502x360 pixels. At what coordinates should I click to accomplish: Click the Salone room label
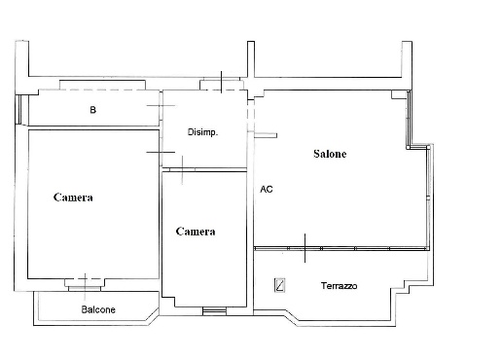[330, 154]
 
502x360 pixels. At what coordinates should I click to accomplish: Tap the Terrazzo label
[339, 286]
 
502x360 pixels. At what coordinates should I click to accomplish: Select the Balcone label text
[98, 309]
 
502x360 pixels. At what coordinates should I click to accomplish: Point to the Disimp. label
[202, 132]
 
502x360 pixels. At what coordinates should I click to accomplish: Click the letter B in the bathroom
[92, 110]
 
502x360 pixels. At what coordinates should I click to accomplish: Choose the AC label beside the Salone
[267, 189]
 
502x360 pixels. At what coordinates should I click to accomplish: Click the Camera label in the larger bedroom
[73, 198]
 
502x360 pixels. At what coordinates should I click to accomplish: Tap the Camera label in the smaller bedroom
[196, 232]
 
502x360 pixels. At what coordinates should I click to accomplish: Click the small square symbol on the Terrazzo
[279, 285]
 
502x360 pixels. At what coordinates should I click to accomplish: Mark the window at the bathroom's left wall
[18, 109]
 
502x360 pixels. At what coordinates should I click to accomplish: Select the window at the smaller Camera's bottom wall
[214, 311]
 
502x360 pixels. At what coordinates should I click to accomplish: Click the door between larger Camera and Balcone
[85, 285]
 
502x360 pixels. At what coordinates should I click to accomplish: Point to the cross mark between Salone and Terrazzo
[305, 248]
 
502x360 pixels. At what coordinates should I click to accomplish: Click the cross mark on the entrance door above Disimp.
[221, 82]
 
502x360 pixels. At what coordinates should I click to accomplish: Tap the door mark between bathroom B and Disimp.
[161, 106]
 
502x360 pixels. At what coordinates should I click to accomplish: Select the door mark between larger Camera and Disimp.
[161, 152]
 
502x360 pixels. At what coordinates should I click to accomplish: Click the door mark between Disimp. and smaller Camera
[182, 170]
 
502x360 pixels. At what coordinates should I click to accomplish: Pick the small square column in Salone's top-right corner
[399, 94]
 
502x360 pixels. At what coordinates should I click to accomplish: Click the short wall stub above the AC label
[266, 135]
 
